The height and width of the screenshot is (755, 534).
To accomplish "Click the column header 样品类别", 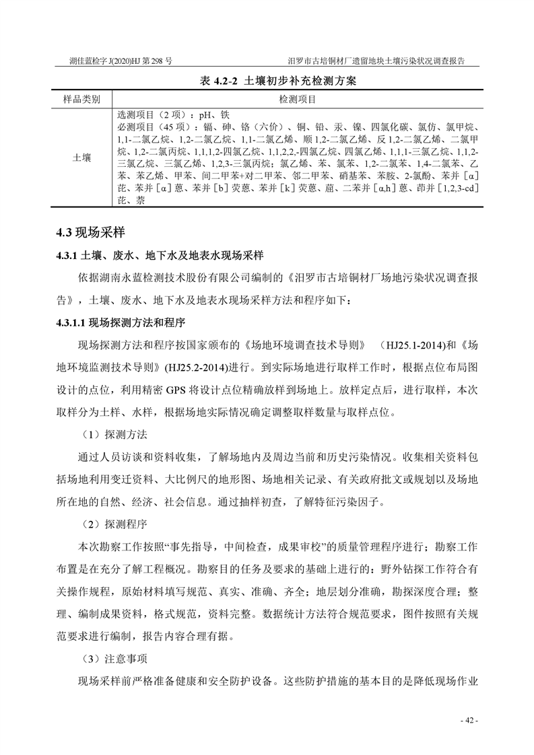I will [81, 99].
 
